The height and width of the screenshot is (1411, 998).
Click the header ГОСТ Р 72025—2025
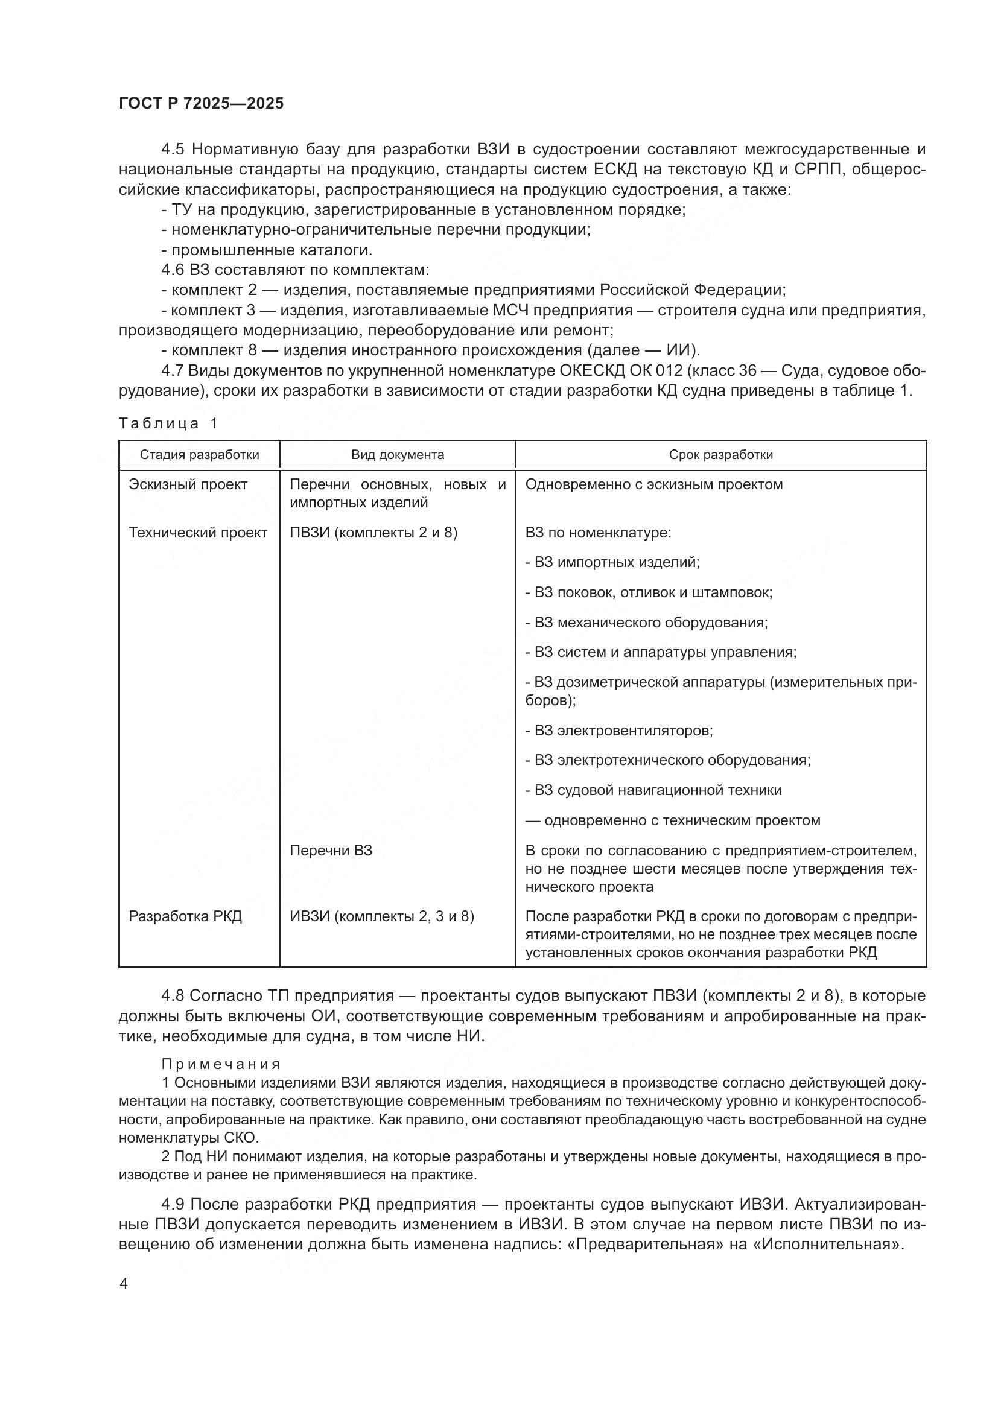[201, 103]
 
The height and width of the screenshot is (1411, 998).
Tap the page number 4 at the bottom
[124, 1284]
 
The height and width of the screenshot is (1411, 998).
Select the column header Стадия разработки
[199, 455]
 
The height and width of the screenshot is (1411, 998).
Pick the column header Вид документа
[397, 455]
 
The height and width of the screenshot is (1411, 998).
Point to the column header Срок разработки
[720, 455]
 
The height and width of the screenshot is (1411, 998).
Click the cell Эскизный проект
[188, 484]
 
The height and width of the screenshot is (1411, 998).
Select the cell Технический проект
[197, 533]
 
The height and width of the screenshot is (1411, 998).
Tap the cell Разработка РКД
[185, 916]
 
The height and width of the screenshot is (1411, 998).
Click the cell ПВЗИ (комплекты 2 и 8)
[373, 533]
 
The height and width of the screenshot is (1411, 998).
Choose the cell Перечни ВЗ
[331, 851]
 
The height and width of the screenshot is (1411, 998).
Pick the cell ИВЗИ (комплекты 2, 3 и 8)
[381, 916]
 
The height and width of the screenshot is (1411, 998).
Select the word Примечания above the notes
[221, 1064]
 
